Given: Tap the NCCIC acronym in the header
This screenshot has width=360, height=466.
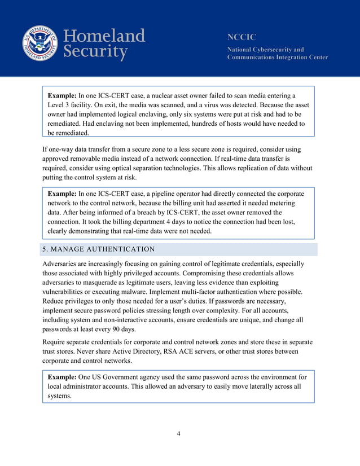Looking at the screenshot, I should point(242,37).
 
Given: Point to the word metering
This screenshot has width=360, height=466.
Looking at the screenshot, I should point(286,203).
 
